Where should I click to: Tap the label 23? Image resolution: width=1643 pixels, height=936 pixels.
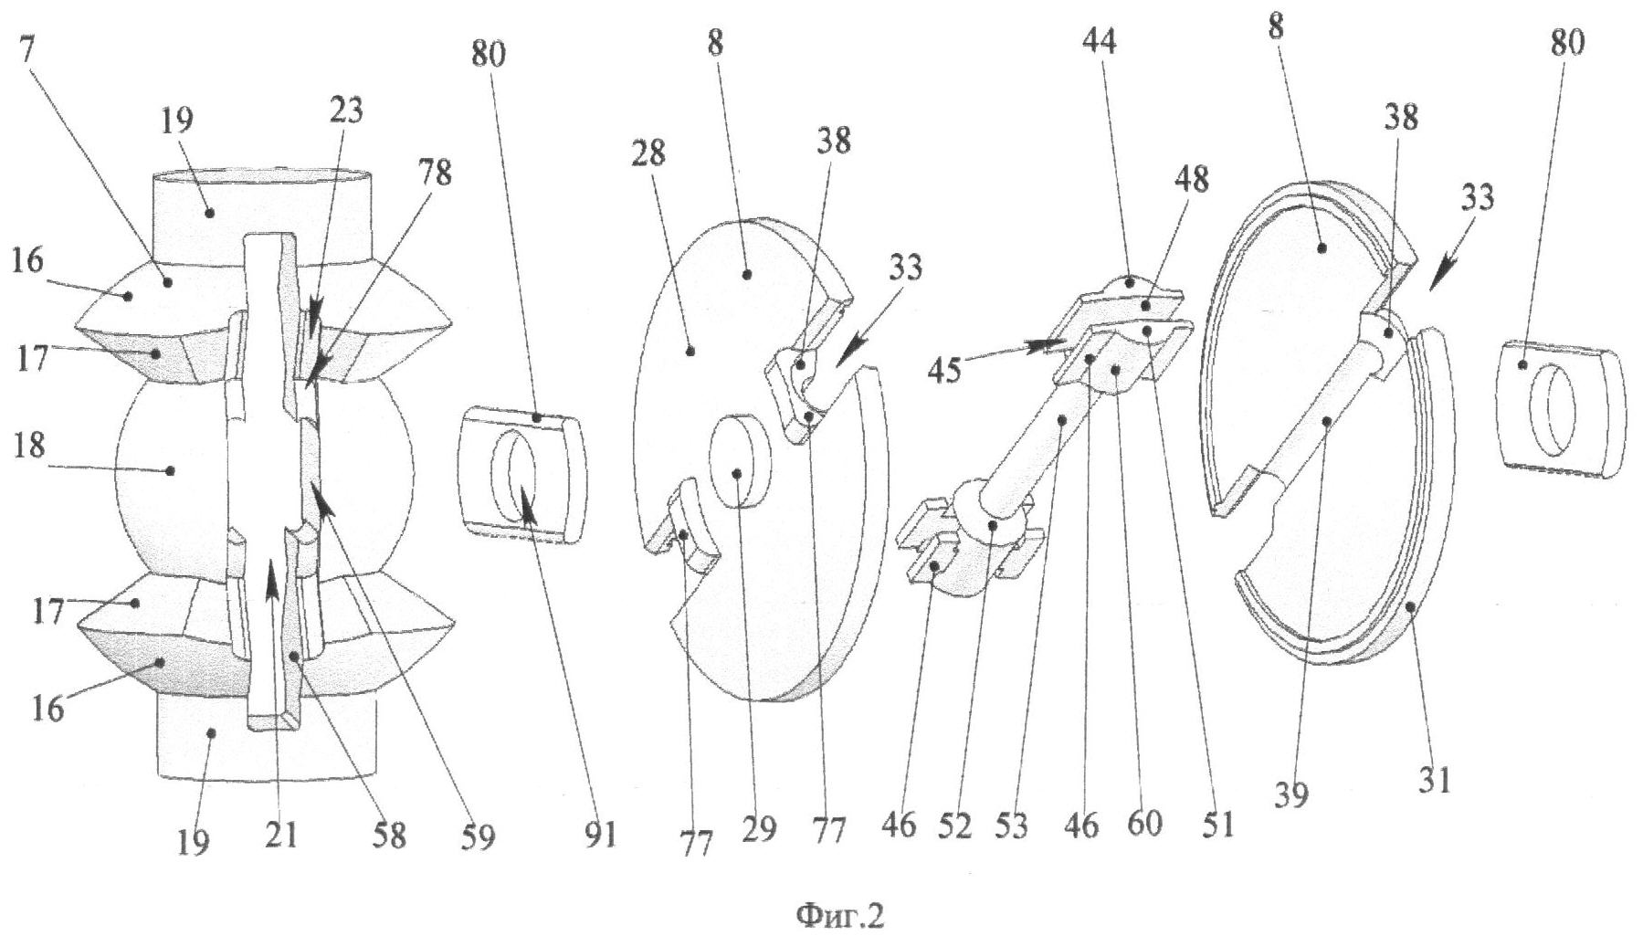pyautogui.click(x=346, y=110)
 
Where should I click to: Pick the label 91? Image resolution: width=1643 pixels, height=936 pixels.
pyautogui.click(x=599, y=835)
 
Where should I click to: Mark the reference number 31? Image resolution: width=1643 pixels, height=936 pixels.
pyautogui.click(x=1433, y=781)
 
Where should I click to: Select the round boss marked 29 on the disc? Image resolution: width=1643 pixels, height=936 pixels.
pyautogui.click(x=741, y=474)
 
